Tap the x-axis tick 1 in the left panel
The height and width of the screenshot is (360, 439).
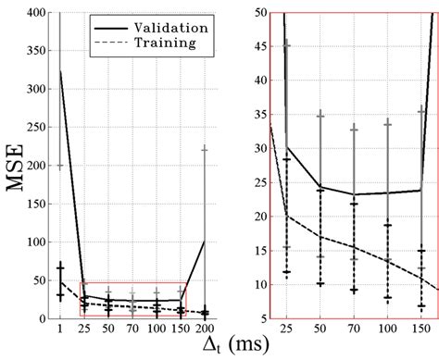coord(61,328)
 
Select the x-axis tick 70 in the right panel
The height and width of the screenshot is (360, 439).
coord(354,328)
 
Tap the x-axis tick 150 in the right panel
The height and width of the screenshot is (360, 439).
coord(421,328)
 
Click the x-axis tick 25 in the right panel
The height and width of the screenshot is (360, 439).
coord(286,328)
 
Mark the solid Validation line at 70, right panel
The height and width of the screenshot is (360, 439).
coord(354,194)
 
